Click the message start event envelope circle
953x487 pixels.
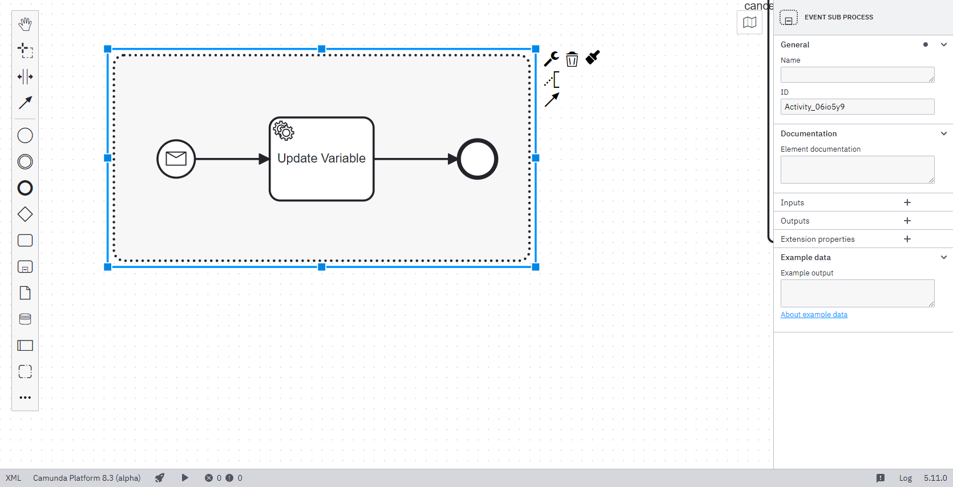pyautogui.click(x=176, y=159)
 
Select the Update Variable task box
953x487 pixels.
pyautogui.click(x=321, y=171)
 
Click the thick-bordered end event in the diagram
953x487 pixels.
pyautogui.click(x=478, y=159)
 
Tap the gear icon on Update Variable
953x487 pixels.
pyautogui.click(x=284, y=131)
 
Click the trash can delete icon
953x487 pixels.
pyautogui.click(x=572, y=59)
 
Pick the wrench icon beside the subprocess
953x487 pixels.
pyautogui.click(x=551, y=59)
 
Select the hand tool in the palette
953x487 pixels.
pyautogui.click(x=25, y=24)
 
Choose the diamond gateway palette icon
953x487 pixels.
pyautogui.click(x=25, y=214)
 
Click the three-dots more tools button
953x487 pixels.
pyautogui.click(x=25, y=397)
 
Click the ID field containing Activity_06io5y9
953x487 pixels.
pyautogui.click(x=857, y=107)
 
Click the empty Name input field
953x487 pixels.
pyautogui.click(x=857, y=75)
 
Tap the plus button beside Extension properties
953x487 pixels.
pyautogui.click(x=907, y=239)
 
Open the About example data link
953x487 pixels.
pyautogui.click(x=814, y=315)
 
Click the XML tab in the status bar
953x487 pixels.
pyautogui.click(x=13, y=478)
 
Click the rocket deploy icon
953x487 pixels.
pyautogui.click(x=160, y=478)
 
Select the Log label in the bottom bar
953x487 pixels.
pyautogui.click(x=905, y=478)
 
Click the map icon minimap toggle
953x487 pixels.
pyautogui.click(x=750, y=23)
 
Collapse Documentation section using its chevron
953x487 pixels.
pyautogui.click(x=944, y=133)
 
